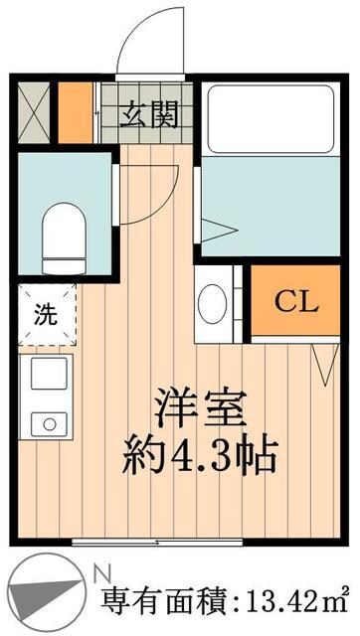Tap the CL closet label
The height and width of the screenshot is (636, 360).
point(296,300)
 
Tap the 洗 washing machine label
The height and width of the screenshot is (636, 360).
point(46,317)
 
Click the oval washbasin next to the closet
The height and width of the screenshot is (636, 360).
point(213,304)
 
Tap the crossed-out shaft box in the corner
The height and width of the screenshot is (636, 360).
point(34,113)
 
